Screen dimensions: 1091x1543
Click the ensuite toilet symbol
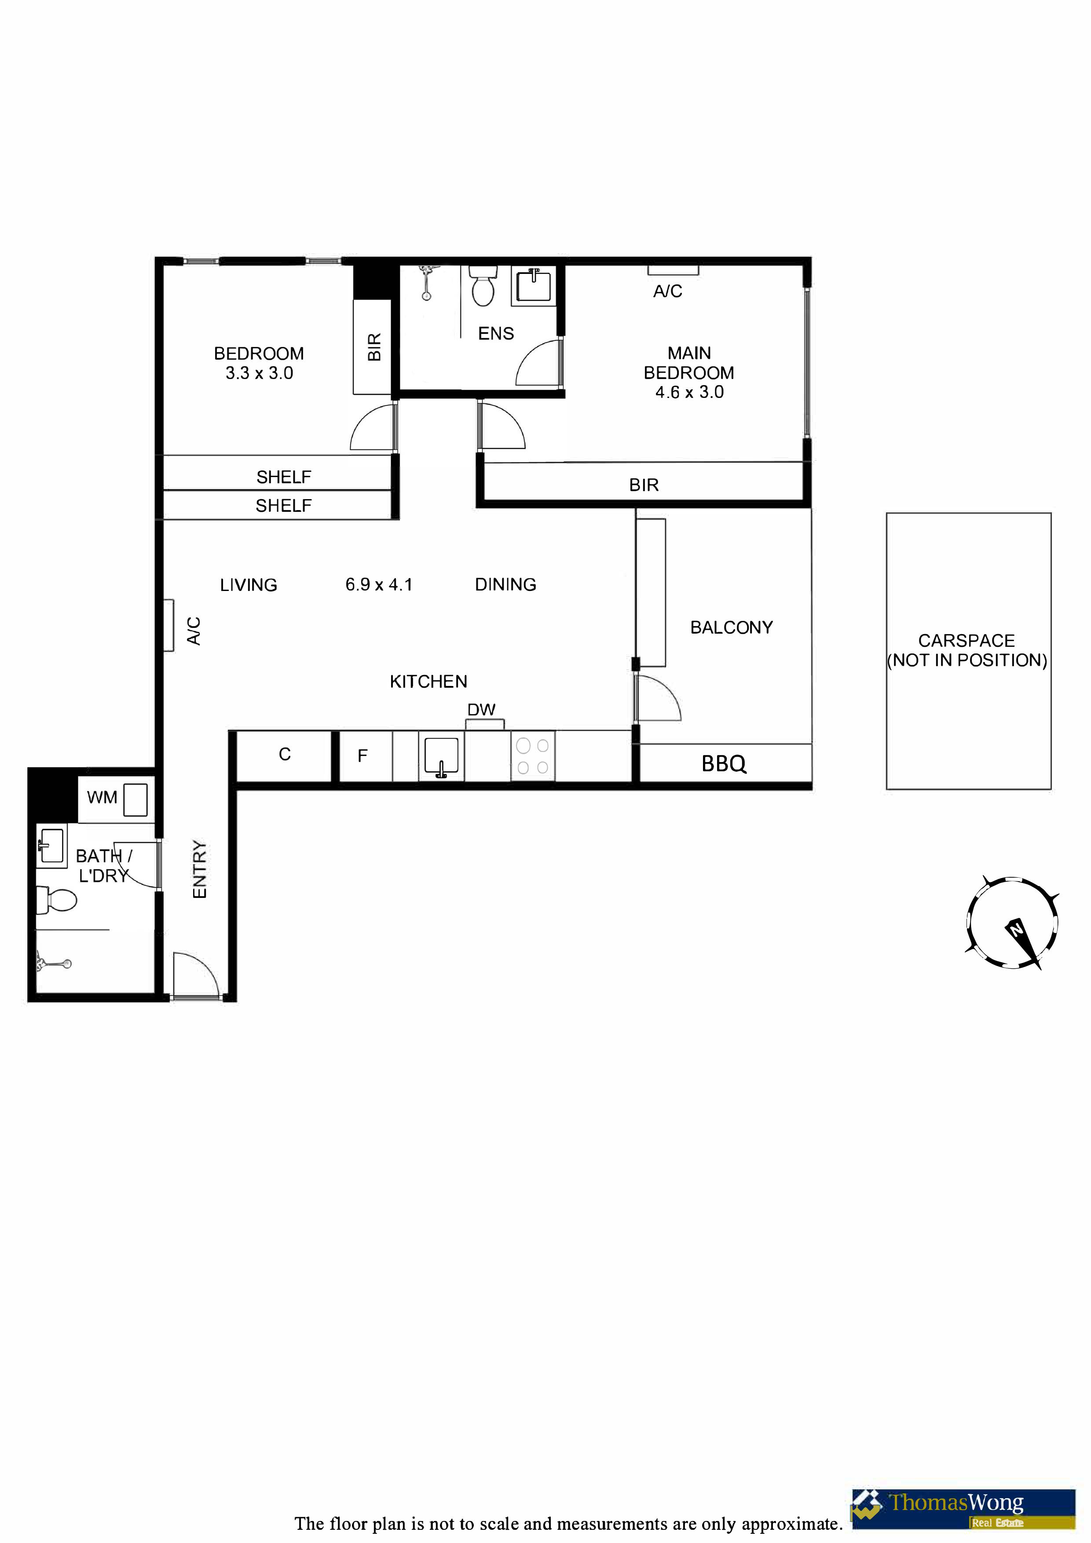pyautogui.click(x=483, y=286)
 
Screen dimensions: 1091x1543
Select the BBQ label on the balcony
pyautogui.click(x=724, y=764)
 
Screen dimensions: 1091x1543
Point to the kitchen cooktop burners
pyautogui.click(x=532, y=756)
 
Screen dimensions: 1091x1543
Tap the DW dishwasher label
pyautogui.click(x=481, y=710)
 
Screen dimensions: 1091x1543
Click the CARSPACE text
pyautogui.click(x=967, y=641)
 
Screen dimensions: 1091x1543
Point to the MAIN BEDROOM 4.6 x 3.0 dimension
pyautogui.click(x=690, y=393)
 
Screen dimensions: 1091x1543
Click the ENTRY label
pyautogui.click(x=200, y=869)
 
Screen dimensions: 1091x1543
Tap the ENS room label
pyautogui.click(x=496, y=334)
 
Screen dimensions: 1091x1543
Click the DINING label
pyautogui.click(x=505, y=585)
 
